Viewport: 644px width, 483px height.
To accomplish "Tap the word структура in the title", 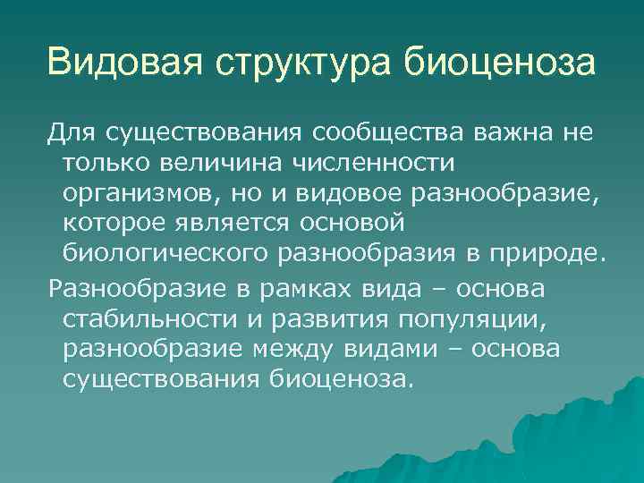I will pos(301,63).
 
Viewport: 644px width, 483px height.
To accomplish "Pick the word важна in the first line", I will pos(508,133).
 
